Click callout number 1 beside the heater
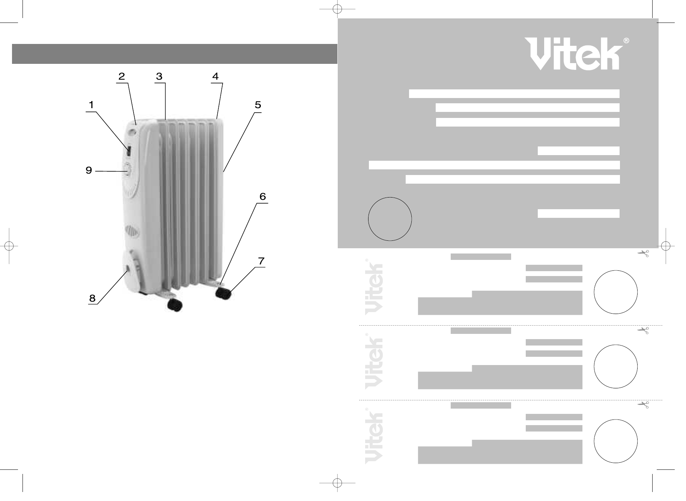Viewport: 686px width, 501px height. (91, 105)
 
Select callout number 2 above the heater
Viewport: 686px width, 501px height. (122, 77)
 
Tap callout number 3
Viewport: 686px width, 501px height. (159, 77)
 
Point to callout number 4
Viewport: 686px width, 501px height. (215, 77)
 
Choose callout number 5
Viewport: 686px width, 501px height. (258, 105)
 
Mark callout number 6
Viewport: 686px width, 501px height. (263, 196)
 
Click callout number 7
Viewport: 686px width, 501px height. (261, 261)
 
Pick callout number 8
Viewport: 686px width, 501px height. (92, 298)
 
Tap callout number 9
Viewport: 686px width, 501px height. (89, 171)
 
